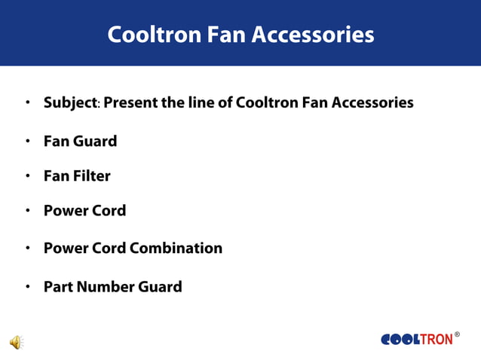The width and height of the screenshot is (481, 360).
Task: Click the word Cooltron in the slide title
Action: [153, 35]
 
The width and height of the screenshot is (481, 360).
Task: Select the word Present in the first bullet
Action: [130, 102]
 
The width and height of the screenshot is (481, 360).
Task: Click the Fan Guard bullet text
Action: [80, 141]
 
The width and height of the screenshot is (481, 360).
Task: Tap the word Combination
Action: [176, 248]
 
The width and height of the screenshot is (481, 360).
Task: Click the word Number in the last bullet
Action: [105, 287]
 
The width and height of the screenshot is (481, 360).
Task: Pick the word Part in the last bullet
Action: [57, 287]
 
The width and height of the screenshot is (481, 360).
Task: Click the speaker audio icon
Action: [16, 343]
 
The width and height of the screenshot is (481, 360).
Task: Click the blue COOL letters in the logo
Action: [400, 340]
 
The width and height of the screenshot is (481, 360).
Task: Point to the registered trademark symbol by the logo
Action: [457, 334]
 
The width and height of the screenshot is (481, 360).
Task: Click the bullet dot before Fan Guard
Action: [27, 141]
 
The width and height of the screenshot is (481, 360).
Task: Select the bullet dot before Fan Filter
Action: [27, 176]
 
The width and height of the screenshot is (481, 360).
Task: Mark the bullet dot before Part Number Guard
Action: [27, 287]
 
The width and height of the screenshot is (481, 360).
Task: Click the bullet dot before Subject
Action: [27, 102]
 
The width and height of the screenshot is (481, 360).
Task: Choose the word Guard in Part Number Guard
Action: [160, 287]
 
